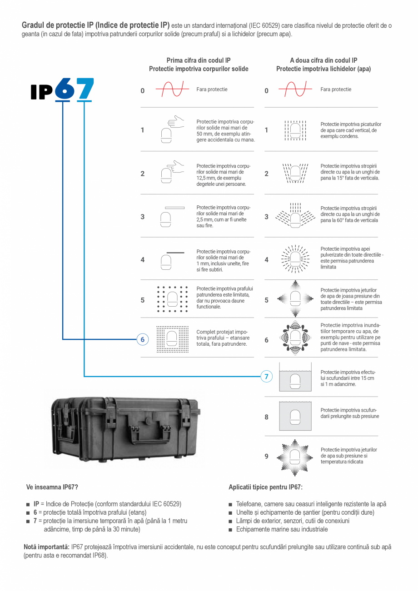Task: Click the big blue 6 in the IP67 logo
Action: coord(65,89)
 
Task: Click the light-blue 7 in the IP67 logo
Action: coord(85,89)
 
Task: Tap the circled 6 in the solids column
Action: coord(142,340)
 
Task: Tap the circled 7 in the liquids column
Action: coord(266,376)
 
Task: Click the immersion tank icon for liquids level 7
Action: coord(295,377)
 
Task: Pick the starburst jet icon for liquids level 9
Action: coord(295,456)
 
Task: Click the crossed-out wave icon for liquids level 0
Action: coord(295,89)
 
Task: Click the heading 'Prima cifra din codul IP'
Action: coord(199,60)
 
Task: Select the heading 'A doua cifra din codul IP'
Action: coord(323,60)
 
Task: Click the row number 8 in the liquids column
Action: coord(266,417)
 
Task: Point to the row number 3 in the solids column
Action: coord(142,217)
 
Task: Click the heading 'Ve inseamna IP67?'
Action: coord(52,487)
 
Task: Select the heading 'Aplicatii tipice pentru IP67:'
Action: coord(266,487)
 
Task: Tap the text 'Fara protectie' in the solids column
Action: coord(212,89)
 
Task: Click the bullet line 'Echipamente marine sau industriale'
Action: coord(282,529)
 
